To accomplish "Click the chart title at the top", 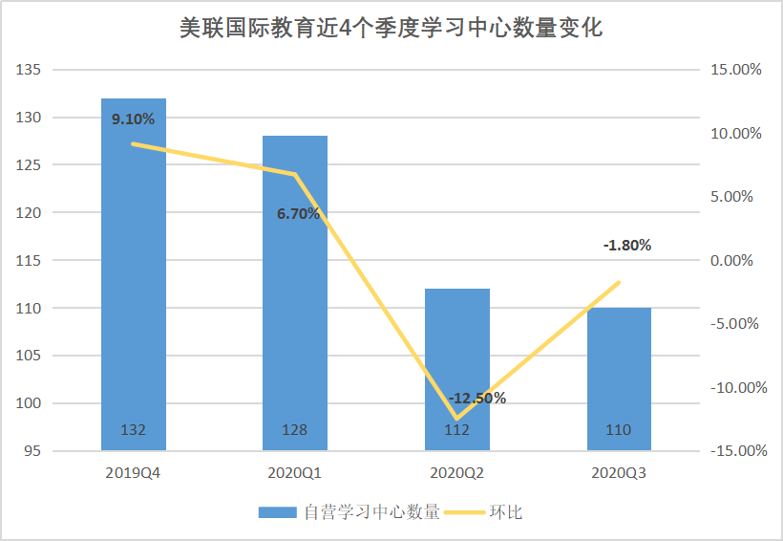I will pos(391,28).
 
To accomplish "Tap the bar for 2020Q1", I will pos(295,306).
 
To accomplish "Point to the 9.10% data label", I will pos(133,119).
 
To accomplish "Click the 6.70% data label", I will pos(298,214).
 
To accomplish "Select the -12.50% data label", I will pos(477,398).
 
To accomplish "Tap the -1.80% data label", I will pos(627,245).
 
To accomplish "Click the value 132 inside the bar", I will pos(133,430).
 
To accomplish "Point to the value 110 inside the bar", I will pos(619,430).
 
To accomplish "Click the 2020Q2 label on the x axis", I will pos(456,472).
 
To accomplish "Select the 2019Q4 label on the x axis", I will pos(133,472).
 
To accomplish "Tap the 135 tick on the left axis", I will pos(31,70).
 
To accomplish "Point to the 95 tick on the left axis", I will pos(34,451).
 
